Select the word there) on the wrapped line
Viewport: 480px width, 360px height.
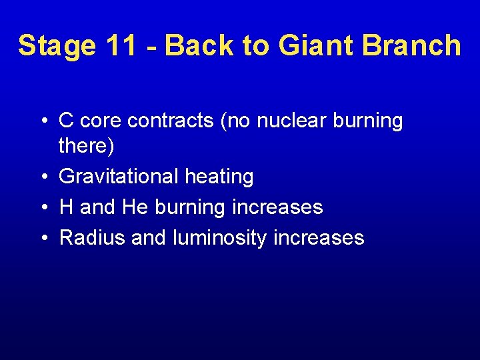coord(87,145)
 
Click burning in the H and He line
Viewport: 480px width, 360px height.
coord(190,207)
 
